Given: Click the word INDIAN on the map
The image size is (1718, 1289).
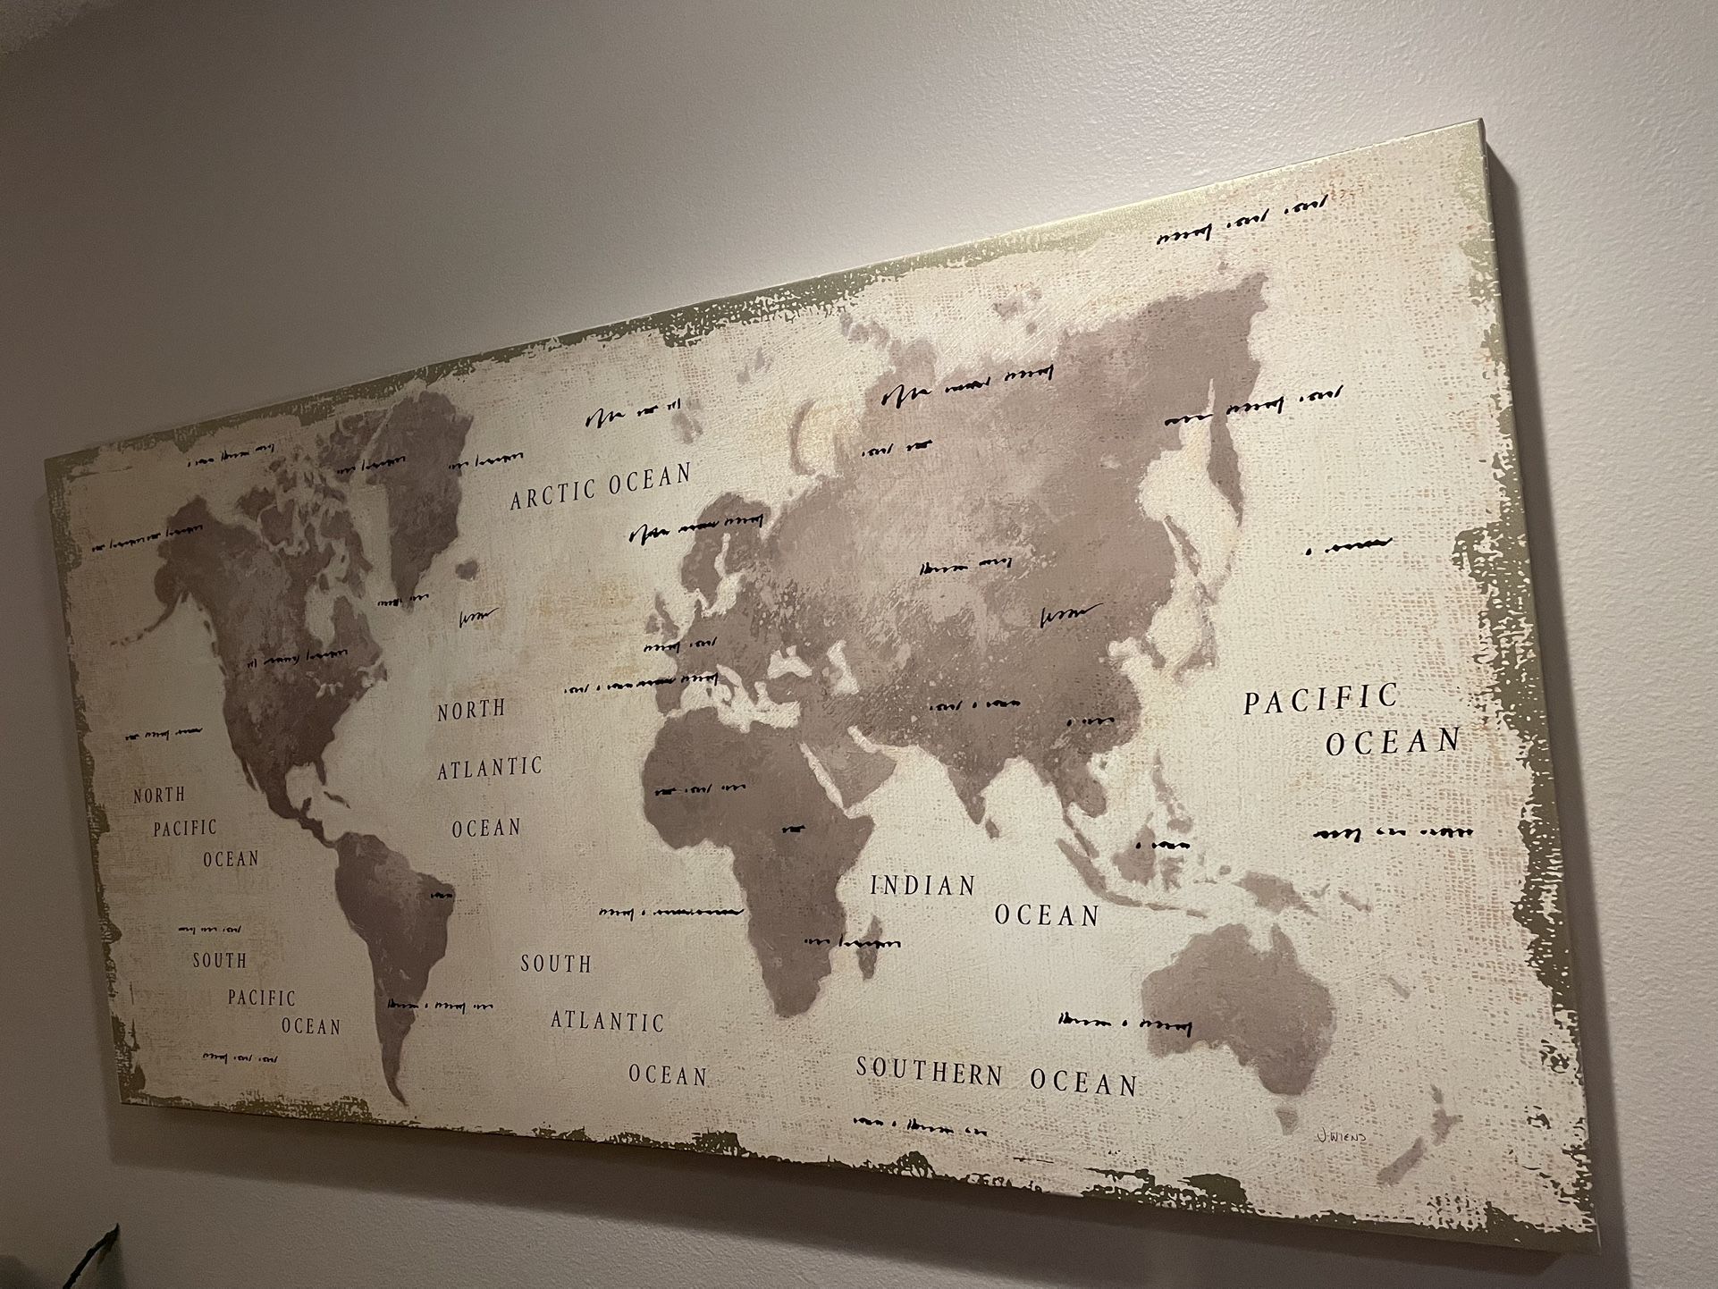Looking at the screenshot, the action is [923, 886].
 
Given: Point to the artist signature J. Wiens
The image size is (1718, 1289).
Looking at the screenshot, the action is [1341, 1137].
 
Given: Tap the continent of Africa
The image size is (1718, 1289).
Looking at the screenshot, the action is [751, 831].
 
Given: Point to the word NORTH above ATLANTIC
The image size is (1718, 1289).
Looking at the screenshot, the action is [471, 711].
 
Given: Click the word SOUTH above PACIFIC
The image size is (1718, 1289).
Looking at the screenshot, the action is [219, 961].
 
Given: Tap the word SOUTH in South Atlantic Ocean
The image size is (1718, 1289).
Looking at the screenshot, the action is [556, 964].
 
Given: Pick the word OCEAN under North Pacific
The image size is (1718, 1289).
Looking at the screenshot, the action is [231, 859].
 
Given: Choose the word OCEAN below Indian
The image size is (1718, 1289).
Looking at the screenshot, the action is [1047, 915].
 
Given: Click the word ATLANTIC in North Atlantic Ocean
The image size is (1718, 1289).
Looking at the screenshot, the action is [490, 768].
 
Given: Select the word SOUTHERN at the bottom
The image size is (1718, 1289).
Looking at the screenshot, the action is [930, 1071].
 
